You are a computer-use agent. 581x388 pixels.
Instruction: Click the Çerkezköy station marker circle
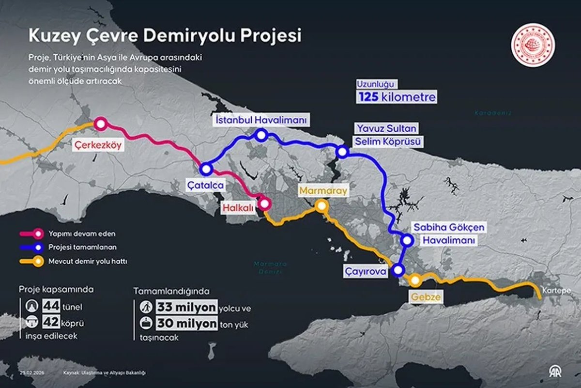click(x=100, y=124)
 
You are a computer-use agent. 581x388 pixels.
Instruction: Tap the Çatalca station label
click(x=205, y=185)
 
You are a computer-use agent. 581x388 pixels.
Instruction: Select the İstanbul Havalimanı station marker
click(x=261, y=135)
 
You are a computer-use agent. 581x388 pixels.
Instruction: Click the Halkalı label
click(x=238, y=207)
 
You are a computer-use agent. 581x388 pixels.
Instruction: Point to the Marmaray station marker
click(x=321, y=206)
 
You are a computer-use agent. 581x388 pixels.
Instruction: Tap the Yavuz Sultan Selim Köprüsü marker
click(x=342, y=152)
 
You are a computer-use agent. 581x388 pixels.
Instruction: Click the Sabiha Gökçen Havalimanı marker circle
click(x=407, y=240)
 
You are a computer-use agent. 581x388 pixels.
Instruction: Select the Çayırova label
click(x=366, y=272)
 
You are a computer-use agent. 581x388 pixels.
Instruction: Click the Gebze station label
click(x=427, y=297)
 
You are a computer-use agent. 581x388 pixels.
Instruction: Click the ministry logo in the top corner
click(x=534, y=45)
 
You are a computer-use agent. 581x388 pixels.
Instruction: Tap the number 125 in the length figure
click(x=368, y=96)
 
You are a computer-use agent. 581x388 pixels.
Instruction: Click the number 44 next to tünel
click(x=50, y=306)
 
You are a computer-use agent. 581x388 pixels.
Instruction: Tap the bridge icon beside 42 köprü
click(x=31, y=323)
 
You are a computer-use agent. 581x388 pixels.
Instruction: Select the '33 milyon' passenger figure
click(x=186, y=307)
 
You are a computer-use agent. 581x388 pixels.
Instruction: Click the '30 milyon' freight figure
click(x=186, y=324)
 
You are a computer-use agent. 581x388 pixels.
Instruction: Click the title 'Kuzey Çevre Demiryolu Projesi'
click(x=165, y=36)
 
